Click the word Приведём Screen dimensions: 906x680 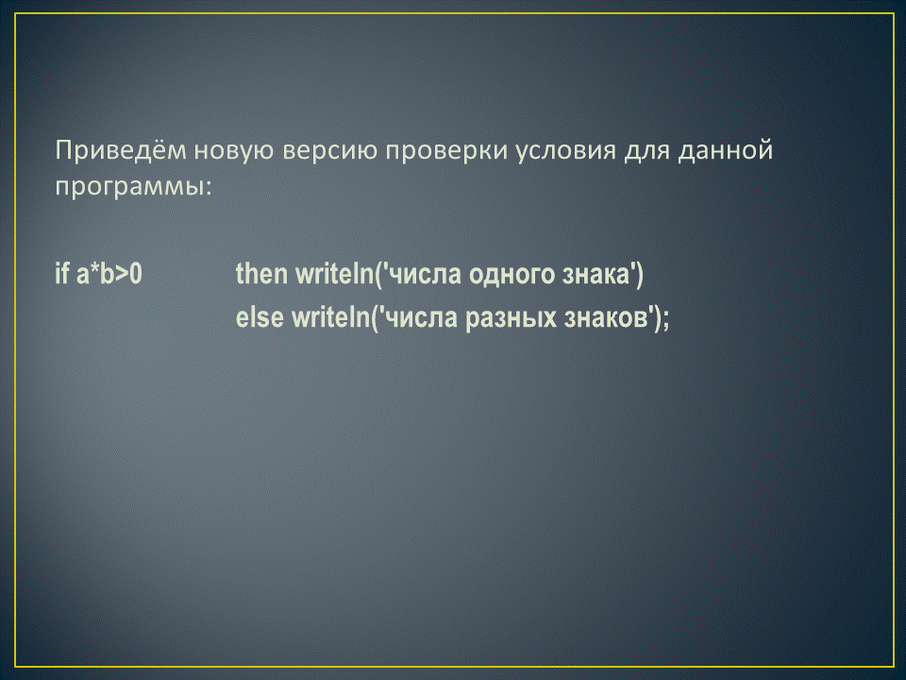[122, 150]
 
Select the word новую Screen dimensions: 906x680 [233, 151]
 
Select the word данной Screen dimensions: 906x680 [726, 151]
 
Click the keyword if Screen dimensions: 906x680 [62, 273]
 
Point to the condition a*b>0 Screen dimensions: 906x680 [109, 273]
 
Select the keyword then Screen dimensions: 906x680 [261, 273]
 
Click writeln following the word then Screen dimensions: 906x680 [335, 273]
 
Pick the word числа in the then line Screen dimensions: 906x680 [423, 274]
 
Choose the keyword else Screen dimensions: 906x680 [260, 317]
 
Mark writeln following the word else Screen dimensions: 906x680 [330, 317]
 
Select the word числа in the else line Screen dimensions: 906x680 [419, 318]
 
